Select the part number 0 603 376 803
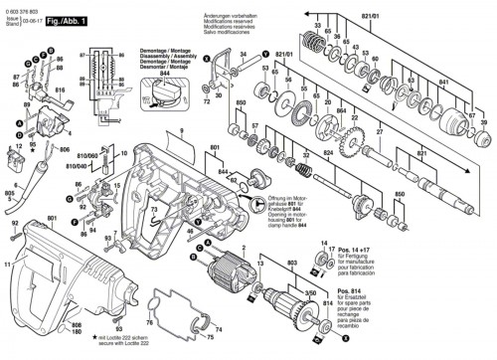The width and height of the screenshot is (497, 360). [x=22, y=4]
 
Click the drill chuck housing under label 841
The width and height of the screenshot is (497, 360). [x=461, y=101]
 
